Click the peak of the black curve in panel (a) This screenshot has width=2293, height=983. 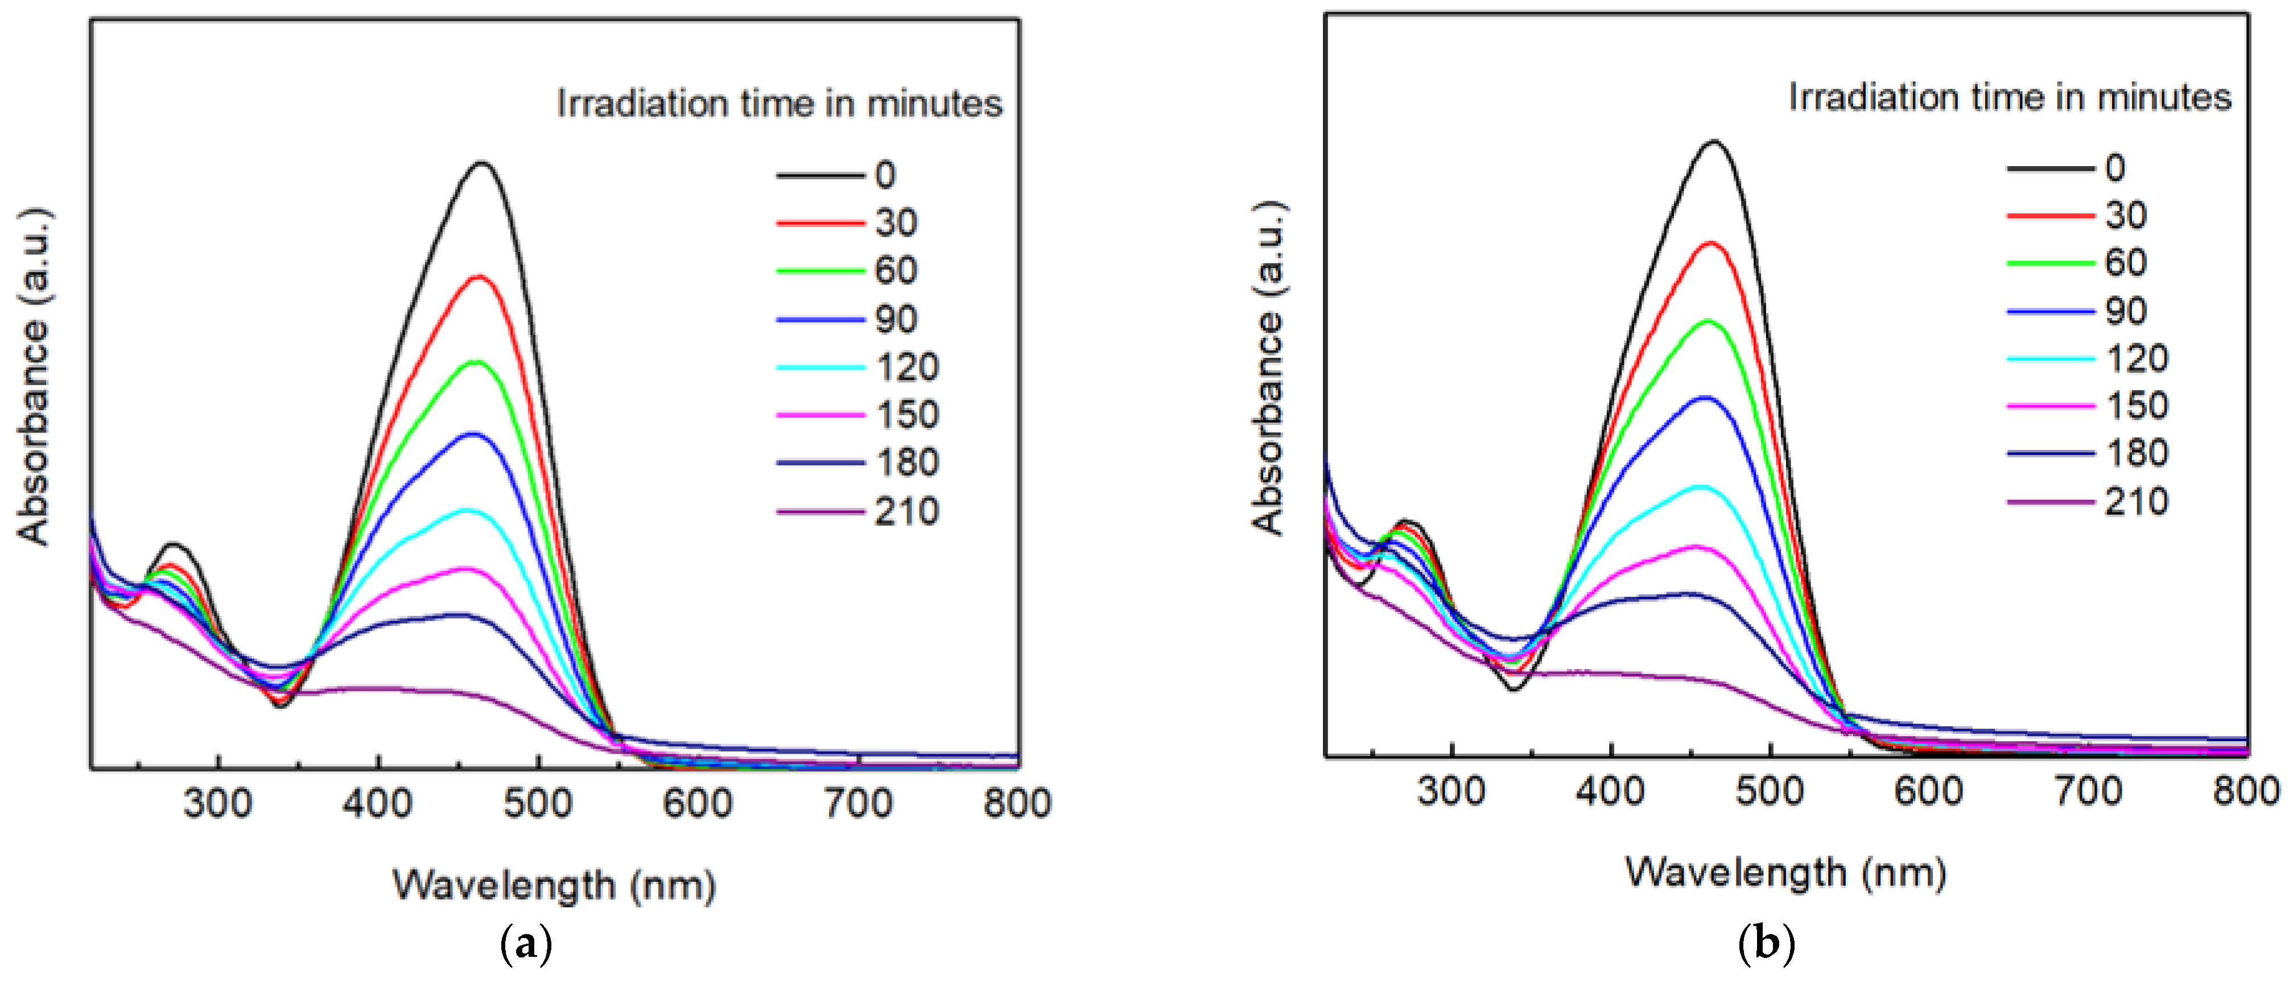click(482, 164)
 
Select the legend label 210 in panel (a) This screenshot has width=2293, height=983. click(906, 511)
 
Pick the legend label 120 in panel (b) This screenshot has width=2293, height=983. click(2137, 358)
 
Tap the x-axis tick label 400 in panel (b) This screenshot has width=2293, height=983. click(1610, 791)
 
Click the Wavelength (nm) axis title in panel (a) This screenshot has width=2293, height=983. click(554, 885)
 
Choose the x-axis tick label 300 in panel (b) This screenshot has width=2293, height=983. click(1451, 791)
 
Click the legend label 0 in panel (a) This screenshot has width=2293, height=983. click(884, 175)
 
